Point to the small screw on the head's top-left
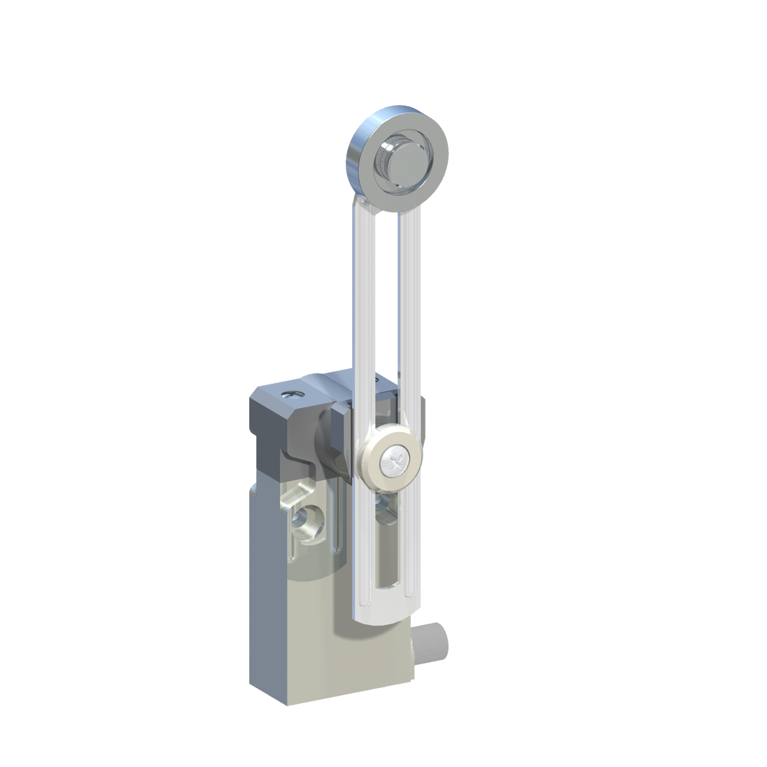291,396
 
